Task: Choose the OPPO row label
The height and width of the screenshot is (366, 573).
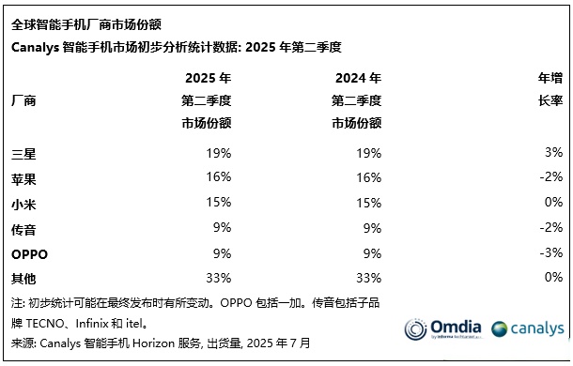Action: (30, 253)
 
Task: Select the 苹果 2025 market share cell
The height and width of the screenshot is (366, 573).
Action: (219, 177)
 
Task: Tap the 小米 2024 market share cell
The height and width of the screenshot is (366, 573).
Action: (369, 203)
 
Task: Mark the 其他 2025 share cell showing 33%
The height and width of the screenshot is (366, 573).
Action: (219, 279)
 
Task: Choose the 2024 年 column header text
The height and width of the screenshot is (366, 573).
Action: (357, 78)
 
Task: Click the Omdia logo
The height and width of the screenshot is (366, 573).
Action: (442, 328)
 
